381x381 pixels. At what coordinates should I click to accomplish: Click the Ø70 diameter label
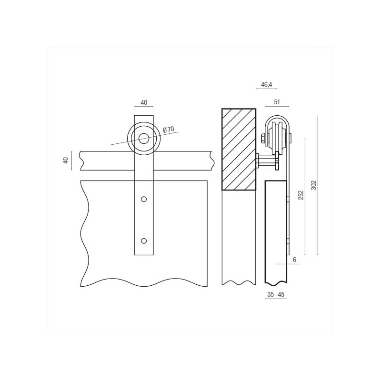click(169, 130)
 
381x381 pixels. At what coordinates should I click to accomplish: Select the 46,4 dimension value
click(267, 85)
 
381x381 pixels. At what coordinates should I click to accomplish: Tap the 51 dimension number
click(277, 102)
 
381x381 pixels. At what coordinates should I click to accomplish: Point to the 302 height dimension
click(314, 185)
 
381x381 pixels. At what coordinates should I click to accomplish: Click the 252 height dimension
click(301, 195)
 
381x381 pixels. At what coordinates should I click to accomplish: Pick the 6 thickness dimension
click(294, 260)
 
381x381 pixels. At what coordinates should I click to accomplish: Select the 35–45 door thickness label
click(276, 294)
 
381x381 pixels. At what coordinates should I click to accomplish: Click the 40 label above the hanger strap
click(144, 102)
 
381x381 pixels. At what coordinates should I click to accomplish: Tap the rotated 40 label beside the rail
click(66, 160)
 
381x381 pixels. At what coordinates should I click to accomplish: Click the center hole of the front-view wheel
click(144, 139)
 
